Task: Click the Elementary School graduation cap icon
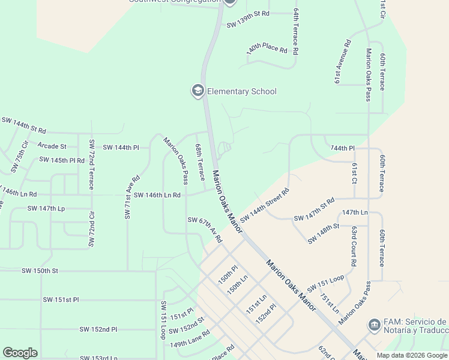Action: point(197,91)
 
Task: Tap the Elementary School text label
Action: point(241,91)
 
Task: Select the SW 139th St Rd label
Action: point(248,25)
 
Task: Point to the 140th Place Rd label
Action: point(267,47)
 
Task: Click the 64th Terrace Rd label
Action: point(296,32)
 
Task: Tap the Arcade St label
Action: point(52,146)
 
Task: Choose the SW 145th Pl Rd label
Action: point(62,160)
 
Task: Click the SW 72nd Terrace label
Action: point(91,164)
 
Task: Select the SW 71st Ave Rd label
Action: point(131,197)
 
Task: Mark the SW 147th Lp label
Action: point(46,208)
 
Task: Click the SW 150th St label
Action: point(40,271)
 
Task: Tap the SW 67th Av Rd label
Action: point(205,230)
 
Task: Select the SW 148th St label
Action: point(324,233)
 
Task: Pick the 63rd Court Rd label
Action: point(354,246)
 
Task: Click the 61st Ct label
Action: point(355,173)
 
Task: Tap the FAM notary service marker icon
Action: point(373,325)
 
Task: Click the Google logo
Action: point(20,353)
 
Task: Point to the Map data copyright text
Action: point(411,355)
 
